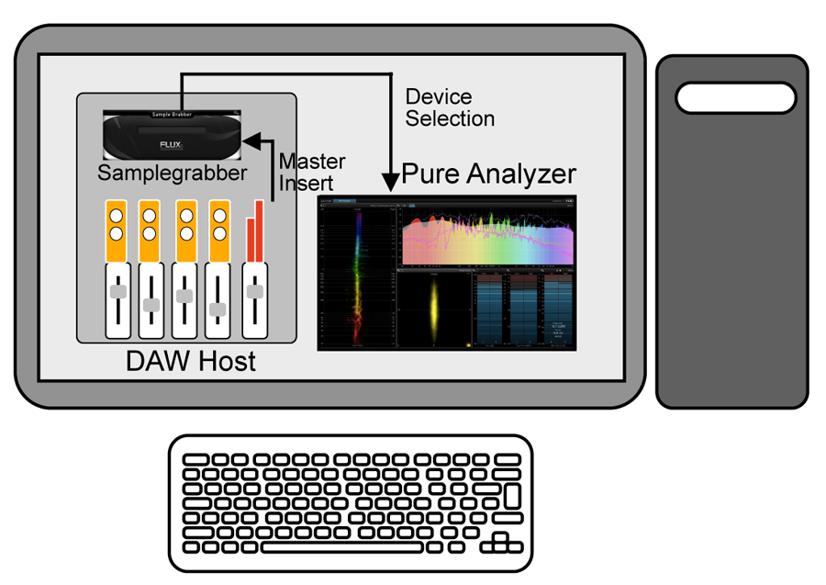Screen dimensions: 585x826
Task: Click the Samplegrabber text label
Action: point(173,172)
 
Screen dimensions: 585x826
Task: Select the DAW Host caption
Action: point(191,361)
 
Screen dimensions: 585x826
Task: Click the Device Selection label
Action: point(450,107)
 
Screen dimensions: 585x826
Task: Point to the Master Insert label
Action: point(312,173)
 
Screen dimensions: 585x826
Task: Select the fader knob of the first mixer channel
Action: point(117,291)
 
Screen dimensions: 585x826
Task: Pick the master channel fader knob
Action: point(254,291)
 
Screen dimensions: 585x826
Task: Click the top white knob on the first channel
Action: point(117,217)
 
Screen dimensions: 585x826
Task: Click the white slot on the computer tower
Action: point(736,96)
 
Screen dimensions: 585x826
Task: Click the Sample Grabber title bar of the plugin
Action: point(172,115)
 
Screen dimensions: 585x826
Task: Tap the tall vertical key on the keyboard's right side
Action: point(512,497)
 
